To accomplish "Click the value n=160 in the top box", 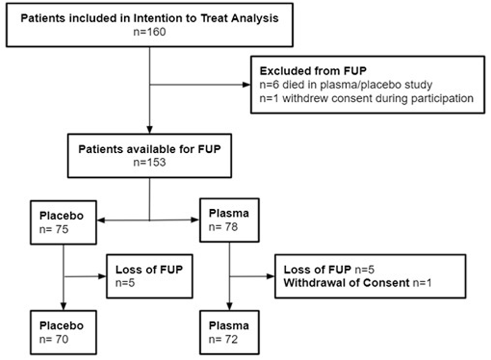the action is click(149, 32).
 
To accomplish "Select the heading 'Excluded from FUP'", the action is click(313, 71).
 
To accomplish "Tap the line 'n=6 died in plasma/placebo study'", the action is click(346, 84).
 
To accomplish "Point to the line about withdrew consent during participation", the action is click(366, 98).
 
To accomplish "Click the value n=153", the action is click(149, 162).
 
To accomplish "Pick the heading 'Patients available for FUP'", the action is click(149, 149).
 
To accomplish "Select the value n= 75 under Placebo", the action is click(54, 229).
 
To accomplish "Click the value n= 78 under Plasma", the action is click(223, 227).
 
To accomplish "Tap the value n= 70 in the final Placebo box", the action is click(54, 339).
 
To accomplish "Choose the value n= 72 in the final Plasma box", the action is click(223, 339).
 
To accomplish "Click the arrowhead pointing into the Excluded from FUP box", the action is click(247, 84).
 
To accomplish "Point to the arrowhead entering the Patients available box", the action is click(150, 130).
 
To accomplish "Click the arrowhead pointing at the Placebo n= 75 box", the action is click(101, 220).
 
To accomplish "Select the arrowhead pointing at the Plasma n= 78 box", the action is click(195, 220).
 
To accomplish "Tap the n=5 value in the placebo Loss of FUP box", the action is click(125, 283).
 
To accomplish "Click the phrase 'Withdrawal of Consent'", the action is click(346, 283).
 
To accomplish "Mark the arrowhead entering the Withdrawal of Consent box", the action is click(271, 277).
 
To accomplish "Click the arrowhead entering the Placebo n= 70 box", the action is click(63, 306).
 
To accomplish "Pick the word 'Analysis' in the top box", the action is click(255, 19).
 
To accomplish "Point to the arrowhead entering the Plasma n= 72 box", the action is click(229, 306).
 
